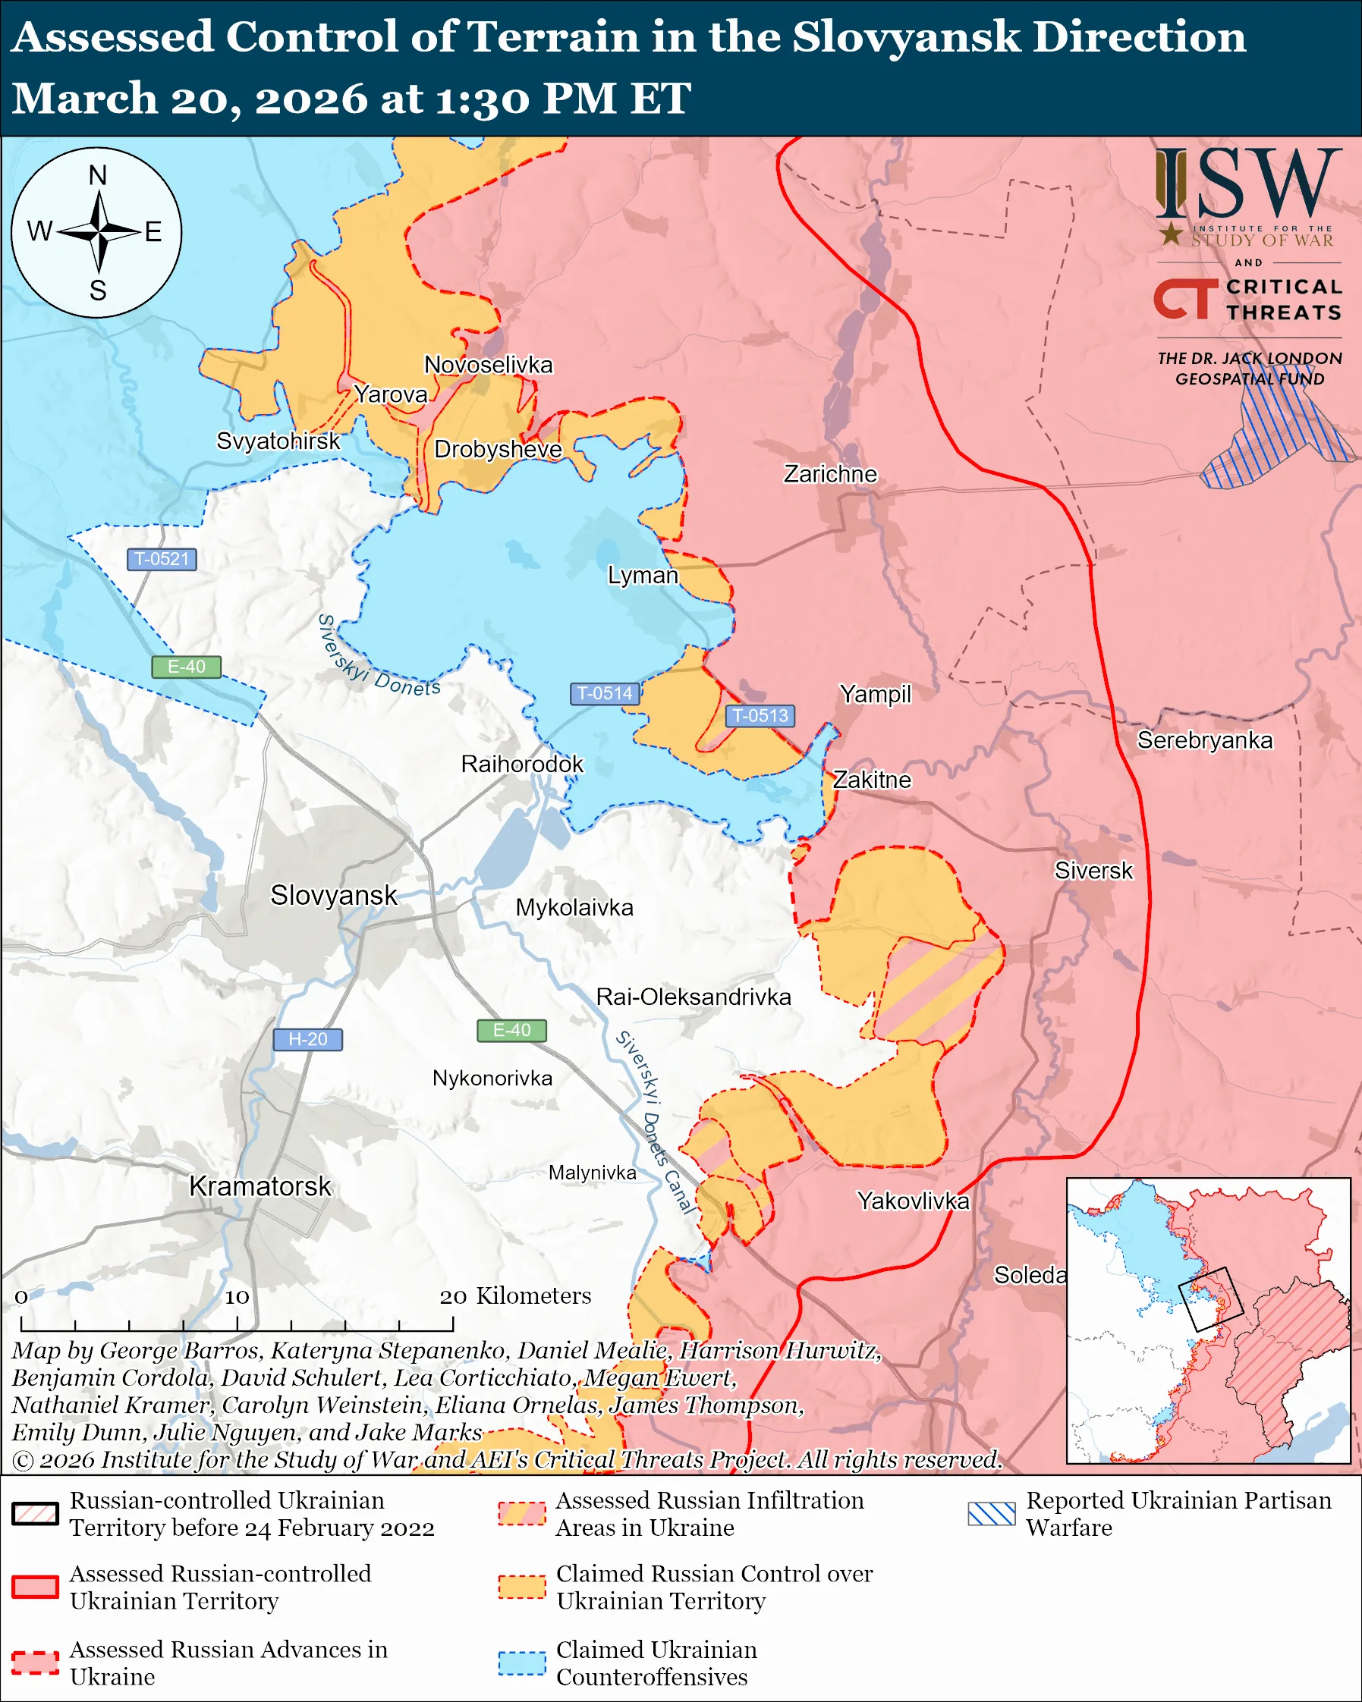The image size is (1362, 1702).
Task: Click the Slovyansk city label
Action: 334,895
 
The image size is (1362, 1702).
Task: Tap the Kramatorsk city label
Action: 260,1186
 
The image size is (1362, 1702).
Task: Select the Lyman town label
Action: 643,575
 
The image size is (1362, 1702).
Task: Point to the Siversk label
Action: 1093,871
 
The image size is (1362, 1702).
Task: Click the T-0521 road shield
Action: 161,559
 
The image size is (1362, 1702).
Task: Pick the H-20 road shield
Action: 307,1039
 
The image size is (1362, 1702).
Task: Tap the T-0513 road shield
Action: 760,715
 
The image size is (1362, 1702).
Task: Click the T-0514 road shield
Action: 604,693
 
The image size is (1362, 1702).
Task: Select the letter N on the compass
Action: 97,175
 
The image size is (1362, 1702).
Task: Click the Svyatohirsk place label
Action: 278,441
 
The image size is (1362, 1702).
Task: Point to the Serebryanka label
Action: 1204,740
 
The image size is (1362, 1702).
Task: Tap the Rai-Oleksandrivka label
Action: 694,997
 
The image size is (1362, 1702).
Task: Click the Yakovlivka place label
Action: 913,1201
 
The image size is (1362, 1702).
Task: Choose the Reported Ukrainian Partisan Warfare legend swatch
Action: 991,1513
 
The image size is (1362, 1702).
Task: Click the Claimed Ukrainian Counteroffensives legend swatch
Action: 522,1663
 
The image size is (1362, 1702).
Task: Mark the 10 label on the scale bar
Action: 237,1297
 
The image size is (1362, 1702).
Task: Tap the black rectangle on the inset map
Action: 1210,1299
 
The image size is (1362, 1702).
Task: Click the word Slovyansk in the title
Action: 907,37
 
